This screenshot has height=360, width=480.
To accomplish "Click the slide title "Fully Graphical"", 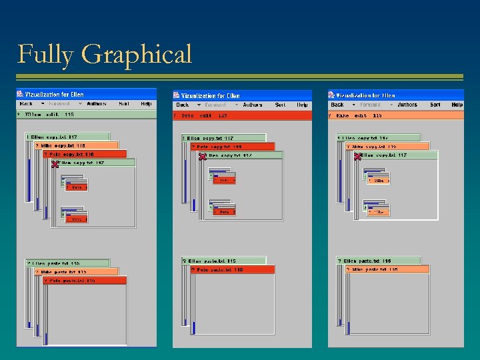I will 105,54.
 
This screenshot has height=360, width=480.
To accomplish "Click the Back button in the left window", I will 27,103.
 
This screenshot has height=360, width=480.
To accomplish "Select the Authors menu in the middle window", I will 253,105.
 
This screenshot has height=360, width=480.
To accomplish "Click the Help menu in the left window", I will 146,103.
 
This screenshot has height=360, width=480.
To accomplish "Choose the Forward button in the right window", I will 371,105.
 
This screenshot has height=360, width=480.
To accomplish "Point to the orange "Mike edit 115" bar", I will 396,115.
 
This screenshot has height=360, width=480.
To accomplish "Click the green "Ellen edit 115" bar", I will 86,114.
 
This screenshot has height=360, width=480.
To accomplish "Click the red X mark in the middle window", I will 203,156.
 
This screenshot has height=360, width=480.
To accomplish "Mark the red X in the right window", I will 358,156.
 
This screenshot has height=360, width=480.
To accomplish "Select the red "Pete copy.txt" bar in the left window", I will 85,154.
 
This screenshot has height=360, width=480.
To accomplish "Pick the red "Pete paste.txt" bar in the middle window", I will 233,270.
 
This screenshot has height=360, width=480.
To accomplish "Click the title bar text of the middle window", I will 210,96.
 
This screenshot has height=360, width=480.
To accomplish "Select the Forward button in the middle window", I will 215,105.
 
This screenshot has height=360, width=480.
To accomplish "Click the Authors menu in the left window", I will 96,103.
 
